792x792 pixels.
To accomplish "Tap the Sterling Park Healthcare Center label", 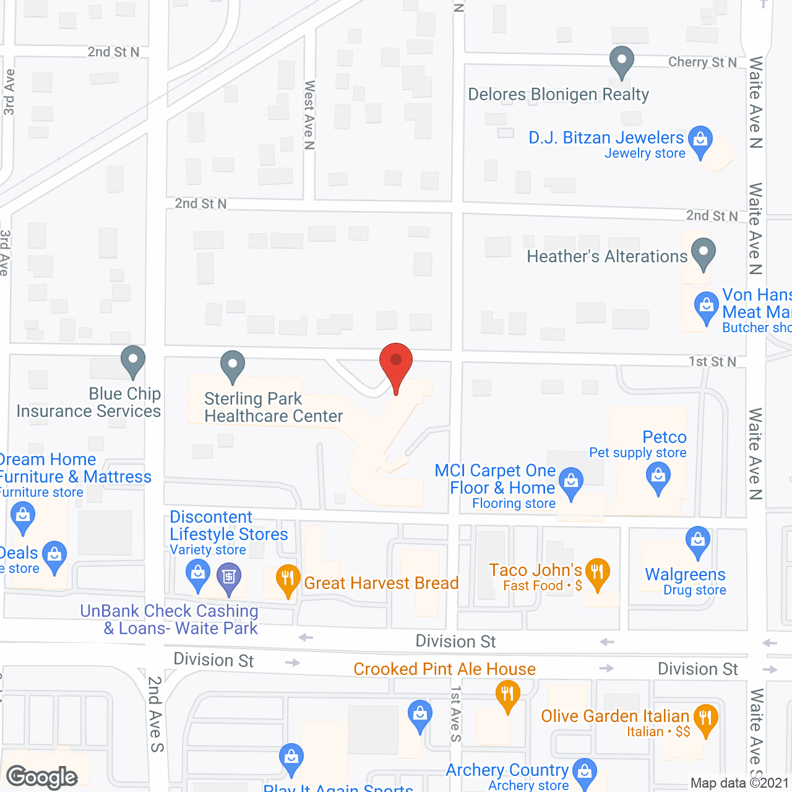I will click(273, 407).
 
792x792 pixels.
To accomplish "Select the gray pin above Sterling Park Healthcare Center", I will click(233, 366).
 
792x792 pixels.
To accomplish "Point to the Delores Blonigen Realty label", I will click(558, 95).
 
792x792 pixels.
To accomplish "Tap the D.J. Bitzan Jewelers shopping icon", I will click(700, 140).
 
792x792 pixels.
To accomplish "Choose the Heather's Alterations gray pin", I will click(703, 254).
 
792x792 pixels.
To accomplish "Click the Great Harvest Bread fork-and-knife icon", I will click(288, 580).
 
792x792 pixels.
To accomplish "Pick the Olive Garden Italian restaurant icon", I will click(705, 719).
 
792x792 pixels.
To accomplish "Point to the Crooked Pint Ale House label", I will click(444, 669).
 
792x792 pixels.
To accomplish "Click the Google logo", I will click(42, 777).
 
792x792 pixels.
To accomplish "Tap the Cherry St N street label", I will click(702, 62).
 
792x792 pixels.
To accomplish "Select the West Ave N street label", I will click(309, 115).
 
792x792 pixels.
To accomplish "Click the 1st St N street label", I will click(712, 361).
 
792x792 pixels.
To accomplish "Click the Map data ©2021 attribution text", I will click(739, 783).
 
